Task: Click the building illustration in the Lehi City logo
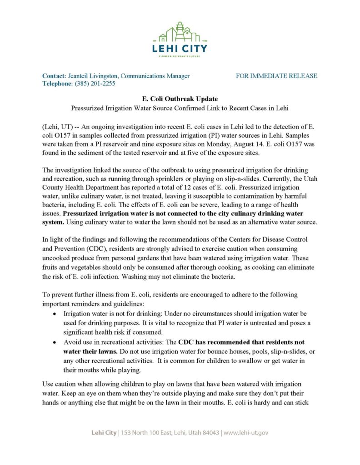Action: point(180,33)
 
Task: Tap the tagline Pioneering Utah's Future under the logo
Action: point(180,57)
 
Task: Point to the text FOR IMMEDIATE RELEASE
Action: point(276,76)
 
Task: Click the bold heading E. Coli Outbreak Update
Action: point(180,99)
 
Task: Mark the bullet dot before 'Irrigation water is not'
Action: point(55,314)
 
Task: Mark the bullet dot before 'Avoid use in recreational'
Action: point(55,342)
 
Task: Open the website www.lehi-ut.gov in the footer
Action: point(246,433)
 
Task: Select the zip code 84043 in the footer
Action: point(209,433)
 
